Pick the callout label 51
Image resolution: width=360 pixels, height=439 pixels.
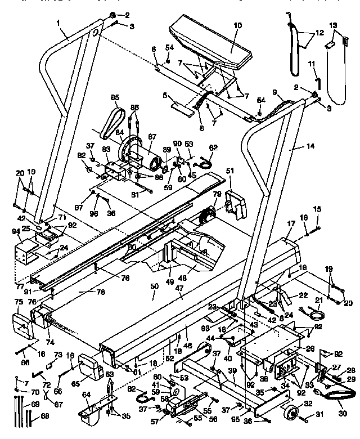(x=229, y=171)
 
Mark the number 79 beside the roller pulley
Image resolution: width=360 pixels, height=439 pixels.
(x=216, y=194)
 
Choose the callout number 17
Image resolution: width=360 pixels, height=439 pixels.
(x=291, y=223)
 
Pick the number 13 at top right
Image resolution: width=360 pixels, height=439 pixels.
(x=332, y=25)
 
